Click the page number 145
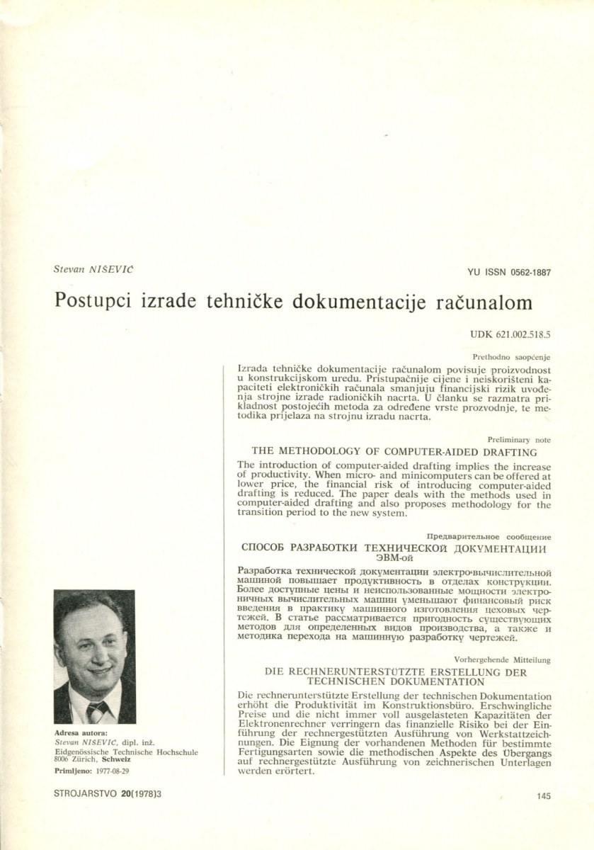click(x=544, y=795)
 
